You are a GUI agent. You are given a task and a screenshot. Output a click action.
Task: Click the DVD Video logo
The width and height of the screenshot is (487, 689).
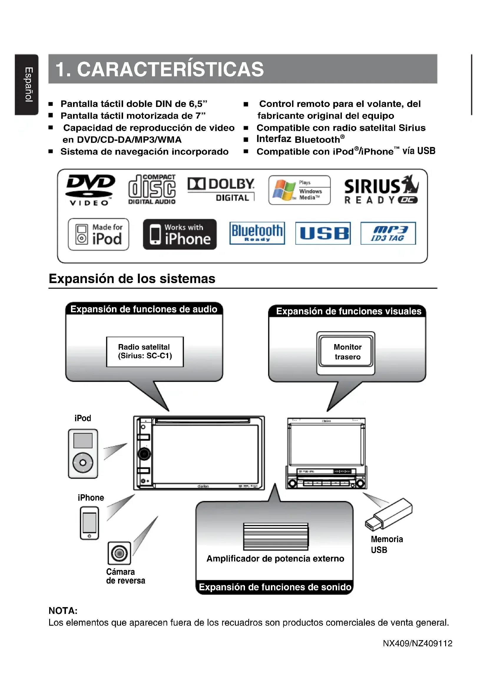(x=90, y=190)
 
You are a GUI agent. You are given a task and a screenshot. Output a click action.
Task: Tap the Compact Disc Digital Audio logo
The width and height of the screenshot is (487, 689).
(x=152, y=190)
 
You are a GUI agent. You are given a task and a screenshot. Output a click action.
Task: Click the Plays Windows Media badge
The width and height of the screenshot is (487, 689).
(x=299, y=190)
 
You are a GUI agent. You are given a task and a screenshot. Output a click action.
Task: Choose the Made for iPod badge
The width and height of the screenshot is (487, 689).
(x=98, y=234)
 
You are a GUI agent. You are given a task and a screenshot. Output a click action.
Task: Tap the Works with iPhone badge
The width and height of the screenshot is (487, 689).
(x=180, y=234)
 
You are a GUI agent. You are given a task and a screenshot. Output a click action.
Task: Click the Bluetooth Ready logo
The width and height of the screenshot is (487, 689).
(x=257, y=233)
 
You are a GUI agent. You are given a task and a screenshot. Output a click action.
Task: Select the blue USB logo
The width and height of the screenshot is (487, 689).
(x=323, y=233)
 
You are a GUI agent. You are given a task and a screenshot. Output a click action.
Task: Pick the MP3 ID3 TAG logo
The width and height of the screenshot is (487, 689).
(x=388, y=233)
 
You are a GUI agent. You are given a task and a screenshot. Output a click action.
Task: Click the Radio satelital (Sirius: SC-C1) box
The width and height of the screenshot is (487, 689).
(x=145, y=351)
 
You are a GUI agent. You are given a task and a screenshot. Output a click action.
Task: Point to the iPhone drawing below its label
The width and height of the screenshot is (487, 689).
(x=90, y=523)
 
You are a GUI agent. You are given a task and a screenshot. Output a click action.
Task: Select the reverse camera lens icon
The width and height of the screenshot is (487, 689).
(x=119, y=553)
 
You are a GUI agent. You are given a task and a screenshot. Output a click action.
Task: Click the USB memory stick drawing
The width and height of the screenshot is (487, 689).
(x=389, y=514)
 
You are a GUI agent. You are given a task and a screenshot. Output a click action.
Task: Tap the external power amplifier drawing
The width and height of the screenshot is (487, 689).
(x=276, y=536)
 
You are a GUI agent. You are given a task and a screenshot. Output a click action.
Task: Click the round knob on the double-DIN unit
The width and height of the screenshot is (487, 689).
(x=144, y=454)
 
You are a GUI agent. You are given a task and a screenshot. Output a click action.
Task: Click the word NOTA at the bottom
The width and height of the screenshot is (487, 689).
(x=63, y=611)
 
